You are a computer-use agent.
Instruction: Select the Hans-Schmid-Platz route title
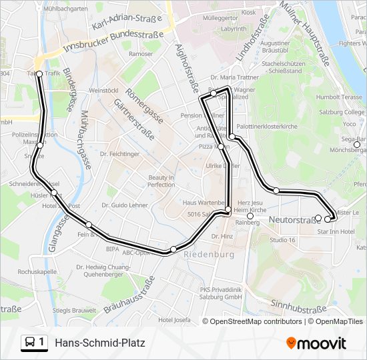99,343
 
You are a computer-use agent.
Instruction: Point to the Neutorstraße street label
291,219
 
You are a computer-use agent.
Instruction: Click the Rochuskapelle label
37,272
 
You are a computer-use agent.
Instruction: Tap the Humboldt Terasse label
338,97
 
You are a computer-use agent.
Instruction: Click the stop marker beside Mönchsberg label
357,145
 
